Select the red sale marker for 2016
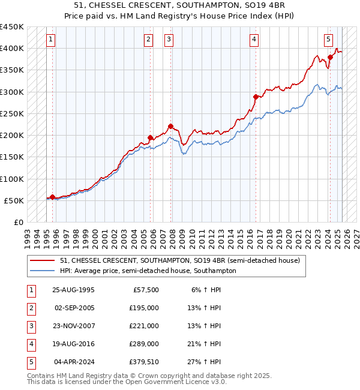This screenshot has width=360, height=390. (256, 97)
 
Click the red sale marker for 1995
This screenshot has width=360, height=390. (52, 197)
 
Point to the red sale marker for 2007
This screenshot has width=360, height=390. (170, 126)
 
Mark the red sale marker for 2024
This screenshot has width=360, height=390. (330, 58)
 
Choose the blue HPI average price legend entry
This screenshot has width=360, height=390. (148, 271)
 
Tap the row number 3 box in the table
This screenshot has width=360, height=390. (31, 326)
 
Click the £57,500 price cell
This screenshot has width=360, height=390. (145, 290)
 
